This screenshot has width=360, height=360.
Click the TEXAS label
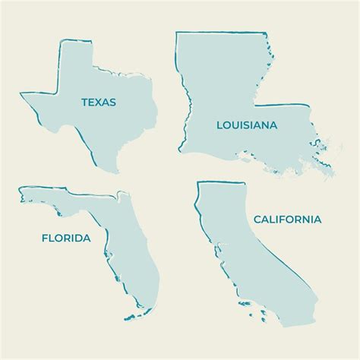(x=99, y=100)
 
